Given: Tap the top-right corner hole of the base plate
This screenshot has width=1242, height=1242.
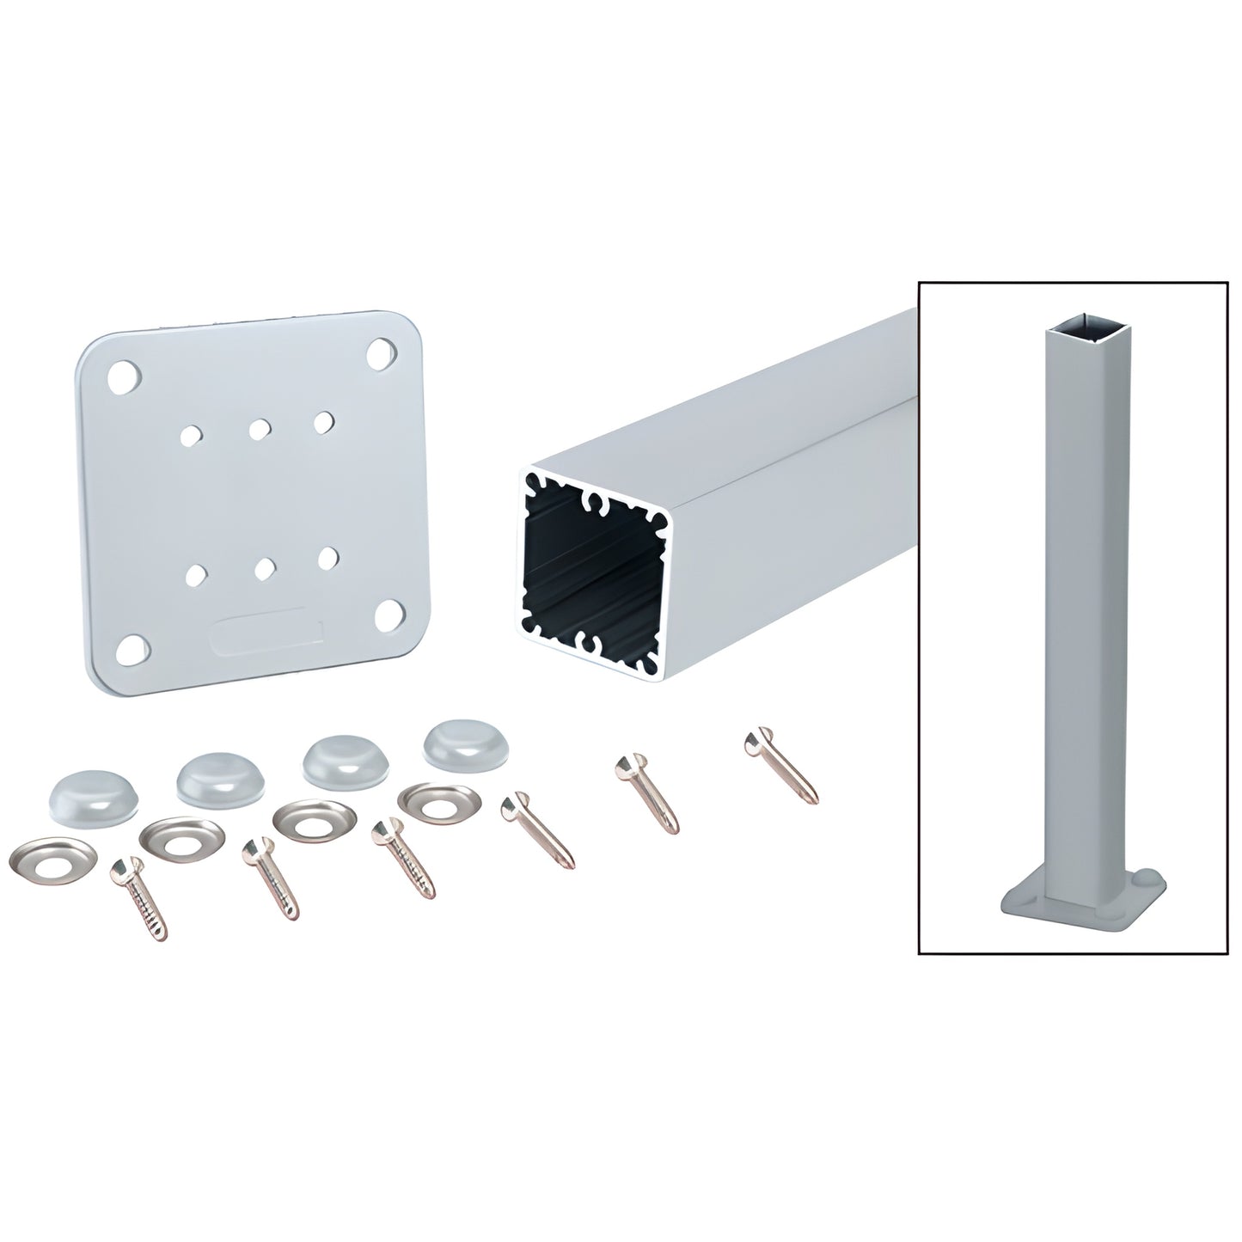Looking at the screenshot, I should coord(379,352).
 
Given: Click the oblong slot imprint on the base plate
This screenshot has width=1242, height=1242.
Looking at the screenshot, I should coord(267,634).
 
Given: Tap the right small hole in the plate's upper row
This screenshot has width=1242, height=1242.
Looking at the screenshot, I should coord(322,421).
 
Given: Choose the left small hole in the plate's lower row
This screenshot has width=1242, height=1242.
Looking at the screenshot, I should coord(197,572).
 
